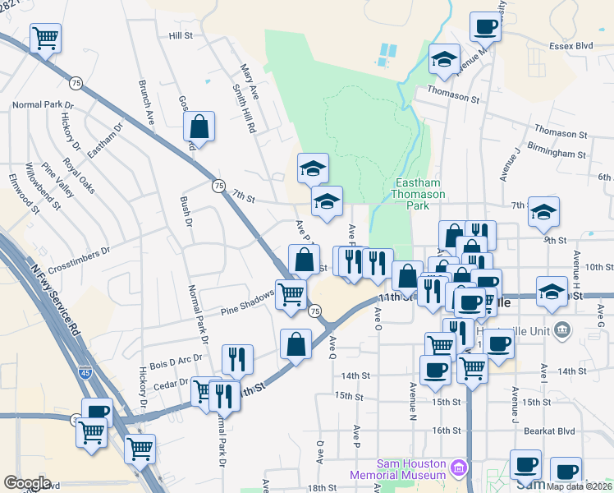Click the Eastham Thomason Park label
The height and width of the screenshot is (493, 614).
click(420, 194)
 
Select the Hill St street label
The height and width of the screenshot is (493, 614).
click(180, 36)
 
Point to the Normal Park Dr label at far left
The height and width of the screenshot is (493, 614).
click(43, 105)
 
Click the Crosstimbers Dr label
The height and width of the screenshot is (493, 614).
click(77, 254)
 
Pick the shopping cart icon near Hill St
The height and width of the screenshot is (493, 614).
click(46, 37)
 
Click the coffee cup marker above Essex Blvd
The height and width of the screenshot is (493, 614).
click(485, 26)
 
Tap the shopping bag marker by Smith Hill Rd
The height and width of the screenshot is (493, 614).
click(199, 127)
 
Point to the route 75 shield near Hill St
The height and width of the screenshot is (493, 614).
click(76, 83)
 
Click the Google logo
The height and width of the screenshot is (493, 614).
click(27, 483)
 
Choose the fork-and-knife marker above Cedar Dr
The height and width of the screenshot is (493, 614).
click(237, 358)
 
